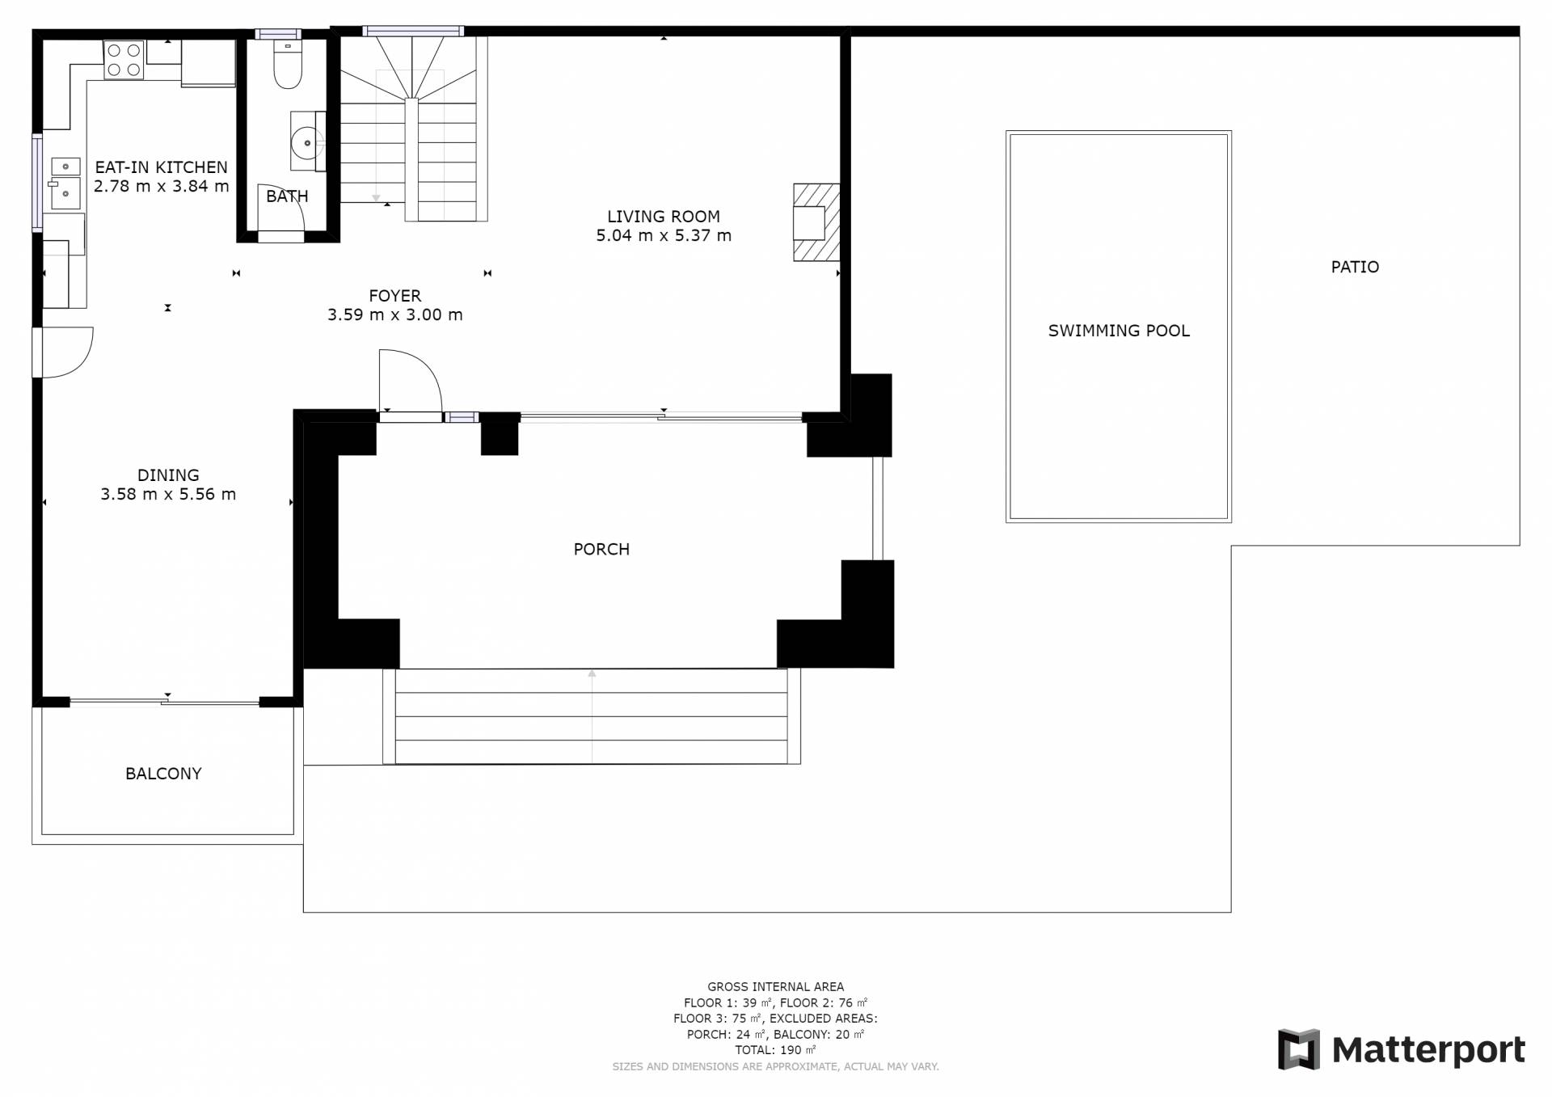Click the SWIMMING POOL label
coord(1119,331)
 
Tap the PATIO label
coord(1355,267)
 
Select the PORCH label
coord(601,550)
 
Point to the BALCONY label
coord(163,774)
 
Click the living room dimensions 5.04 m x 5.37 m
coord(664,236)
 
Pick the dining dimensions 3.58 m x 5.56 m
coord(168,495)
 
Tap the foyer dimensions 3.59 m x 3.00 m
coord(395,315)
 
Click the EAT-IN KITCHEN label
coord(162,167)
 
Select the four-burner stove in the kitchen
coord(124,60)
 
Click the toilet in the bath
coord(288,63)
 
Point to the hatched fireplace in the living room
coord(816,222)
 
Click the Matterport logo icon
coord(1298,1049)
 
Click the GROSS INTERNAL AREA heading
coord(776,987)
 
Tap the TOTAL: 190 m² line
coord(776,1050)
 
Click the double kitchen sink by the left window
coord(65,183)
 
